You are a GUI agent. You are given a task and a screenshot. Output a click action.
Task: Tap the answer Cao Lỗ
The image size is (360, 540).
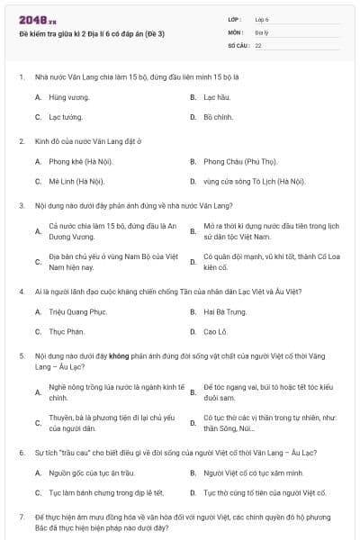point(216,331)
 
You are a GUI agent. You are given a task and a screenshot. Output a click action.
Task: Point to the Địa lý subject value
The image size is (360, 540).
point(262,31)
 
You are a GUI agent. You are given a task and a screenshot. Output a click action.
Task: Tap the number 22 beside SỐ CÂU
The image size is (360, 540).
point(258,44)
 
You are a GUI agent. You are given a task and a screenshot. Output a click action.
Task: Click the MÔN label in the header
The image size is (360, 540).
point(236,31)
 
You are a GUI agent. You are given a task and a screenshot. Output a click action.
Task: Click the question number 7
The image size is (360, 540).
point(22,517)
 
